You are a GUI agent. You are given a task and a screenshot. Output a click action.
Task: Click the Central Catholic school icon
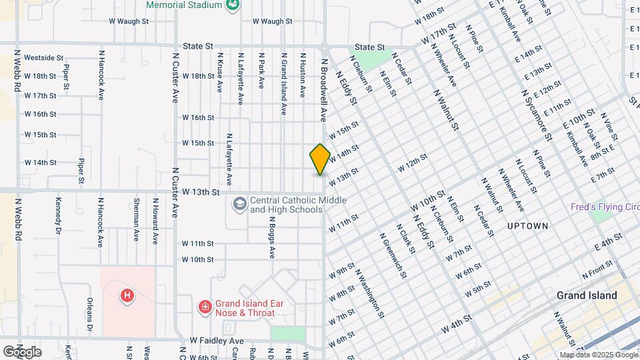(239, 202)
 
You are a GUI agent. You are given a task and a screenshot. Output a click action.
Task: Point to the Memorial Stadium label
(183, 5)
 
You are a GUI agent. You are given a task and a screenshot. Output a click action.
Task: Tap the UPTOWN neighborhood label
(527, 226)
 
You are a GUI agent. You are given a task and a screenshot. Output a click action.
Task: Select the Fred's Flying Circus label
(604, 207)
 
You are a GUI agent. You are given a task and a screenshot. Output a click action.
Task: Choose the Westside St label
(43, 58)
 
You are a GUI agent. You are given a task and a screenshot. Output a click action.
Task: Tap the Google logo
(22, 351)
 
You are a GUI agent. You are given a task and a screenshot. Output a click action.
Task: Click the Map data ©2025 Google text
(597, 355)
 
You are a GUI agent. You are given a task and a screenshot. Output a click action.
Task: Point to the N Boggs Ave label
(272, 237)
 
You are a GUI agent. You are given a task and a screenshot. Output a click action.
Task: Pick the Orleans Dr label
(89, 316)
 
